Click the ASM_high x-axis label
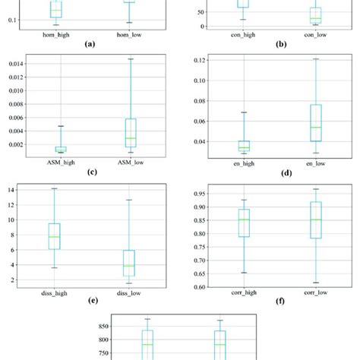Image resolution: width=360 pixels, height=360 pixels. pos(60,161)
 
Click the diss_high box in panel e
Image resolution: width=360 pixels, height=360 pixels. pos(55,236)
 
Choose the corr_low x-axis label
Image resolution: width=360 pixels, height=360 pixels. pos(316,293)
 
